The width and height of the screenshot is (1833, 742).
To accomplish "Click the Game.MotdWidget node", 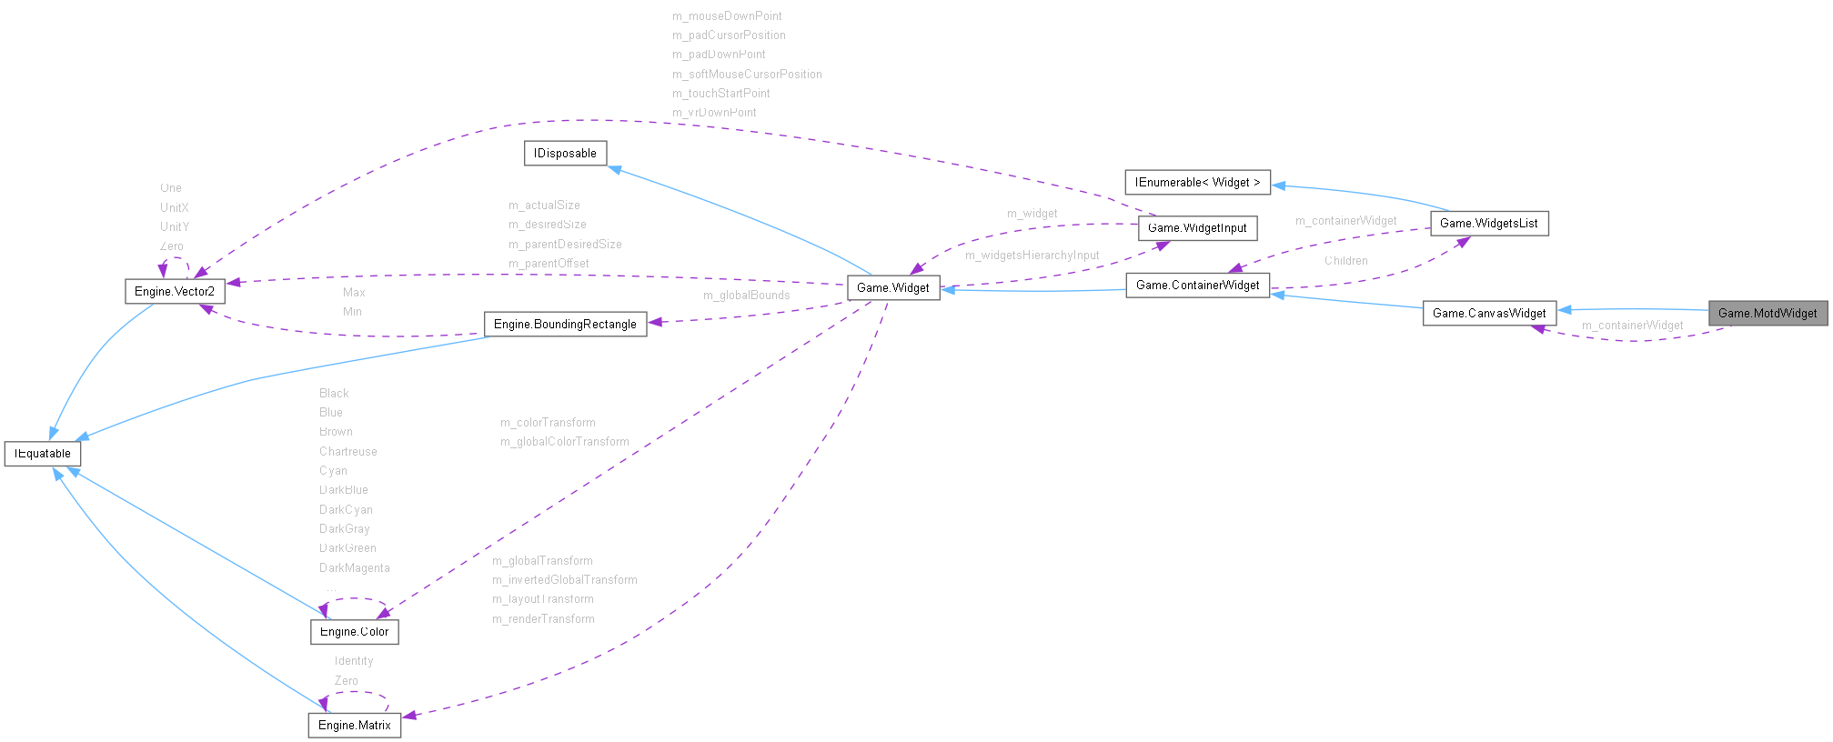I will [x=1768, y=313].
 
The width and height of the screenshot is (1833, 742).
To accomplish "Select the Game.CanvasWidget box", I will [x=1489, y=313].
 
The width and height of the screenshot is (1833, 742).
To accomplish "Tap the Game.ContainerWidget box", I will [x=1197, y=285].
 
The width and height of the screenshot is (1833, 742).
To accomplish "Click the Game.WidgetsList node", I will [x=1488, y=223].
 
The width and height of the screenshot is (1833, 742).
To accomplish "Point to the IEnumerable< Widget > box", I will [x=1197, y=182].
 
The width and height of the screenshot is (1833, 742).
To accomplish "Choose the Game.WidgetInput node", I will [x=1197, y=227].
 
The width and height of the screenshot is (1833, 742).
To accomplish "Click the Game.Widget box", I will [x=892, y=287].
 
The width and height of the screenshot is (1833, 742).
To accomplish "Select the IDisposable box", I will [x=565, y=153].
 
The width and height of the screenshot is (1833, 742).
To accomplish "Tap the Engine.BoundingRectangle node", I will [x=565, y=324].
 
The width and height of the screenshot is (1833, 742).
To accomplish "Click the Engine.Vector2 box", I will [x=174, y=291].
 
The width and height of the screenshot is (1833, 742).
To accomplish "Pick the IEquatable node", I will [x=43, y=453].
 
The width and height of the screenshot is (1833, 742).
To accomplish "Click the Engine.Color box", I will [x=354, y=631].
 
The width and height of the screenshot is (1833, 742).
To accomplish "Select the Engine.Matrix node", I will [x=354, y=725].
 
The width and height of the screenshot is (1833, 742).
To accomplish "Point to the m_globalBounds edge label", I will [x=746, y=295].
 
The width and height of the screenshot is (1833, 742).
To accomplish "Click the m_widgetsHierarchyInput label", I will [x=1032, y=255].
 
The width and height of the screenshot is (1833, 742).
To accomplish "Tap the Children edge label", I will [x=1345, y=260].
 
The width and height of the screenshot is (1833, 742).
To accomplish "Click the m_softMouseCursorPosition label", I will [x=746, y=74].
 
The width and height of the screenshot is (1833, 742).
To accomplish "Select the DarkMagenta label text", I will [x=354, y=567].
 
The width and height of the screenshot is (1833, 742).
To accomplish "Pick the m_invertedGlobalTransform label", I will [x=564, y=579].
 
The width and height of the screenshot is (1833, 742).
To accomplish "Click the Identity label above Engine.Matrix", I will [x=353, y=660].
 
